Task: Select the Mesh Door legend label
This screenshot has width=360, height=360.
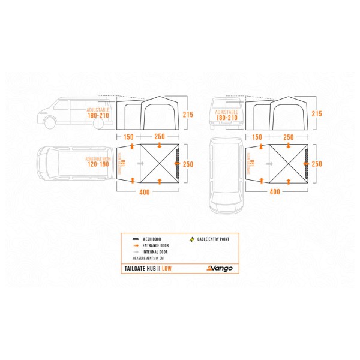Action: (x=154, y=239)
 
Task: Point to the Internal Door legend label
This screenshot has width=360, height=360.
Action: (x=157, y=251)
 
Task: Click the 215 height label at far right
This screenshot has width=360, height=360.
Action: (x=317, y=113)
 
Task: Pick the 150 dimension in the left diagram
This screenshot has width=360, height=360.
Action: (x=129, y=137)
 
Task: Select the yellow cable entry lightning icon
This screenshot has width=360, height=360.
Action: (x=193, y=239)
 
